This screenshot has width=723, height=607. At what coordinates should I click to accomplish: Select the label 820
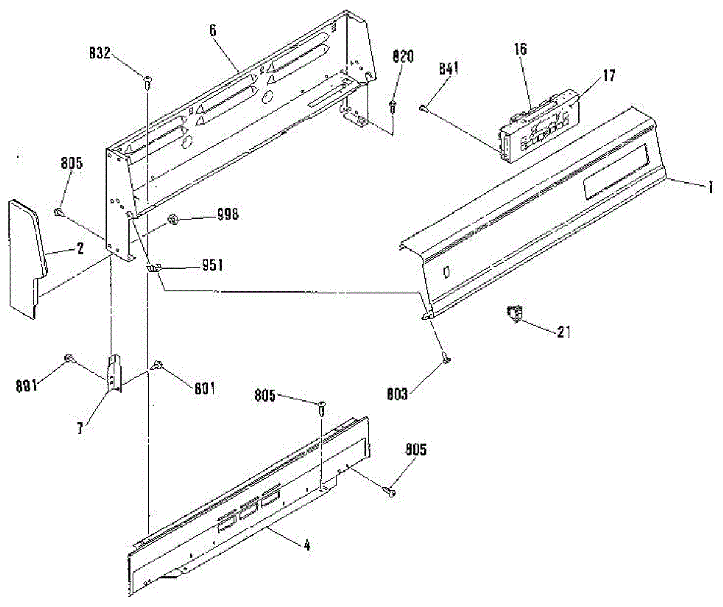(403, 57)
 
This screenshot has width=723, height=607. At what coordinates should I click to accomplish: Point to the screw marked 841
(423, 108)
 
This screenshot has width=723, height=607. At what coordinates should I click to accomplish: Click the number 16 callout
(520, 49)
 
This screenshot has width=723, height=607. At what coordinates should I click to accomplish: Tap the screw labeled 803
(446, 359)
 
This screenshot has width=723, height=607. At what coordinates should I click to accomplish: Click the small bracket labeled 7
(114, 373)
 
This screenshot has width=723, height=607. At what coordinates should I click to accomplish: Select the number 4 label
(307, 547)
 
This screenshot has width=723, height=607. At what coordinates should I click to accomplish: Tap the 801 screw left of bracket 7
(70, 359)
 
